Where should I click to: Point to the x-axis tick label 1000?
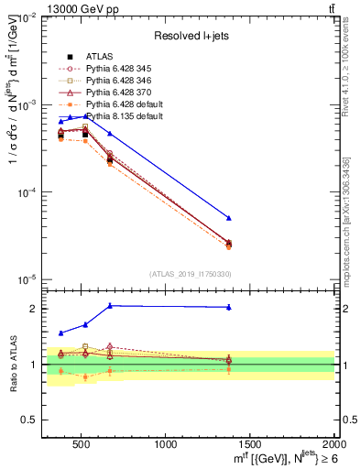[x=167, y=443]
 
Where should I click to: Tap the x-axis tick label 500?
[x=82, y=443]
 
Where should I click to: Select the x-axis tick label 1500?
[x=251, y=443]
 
